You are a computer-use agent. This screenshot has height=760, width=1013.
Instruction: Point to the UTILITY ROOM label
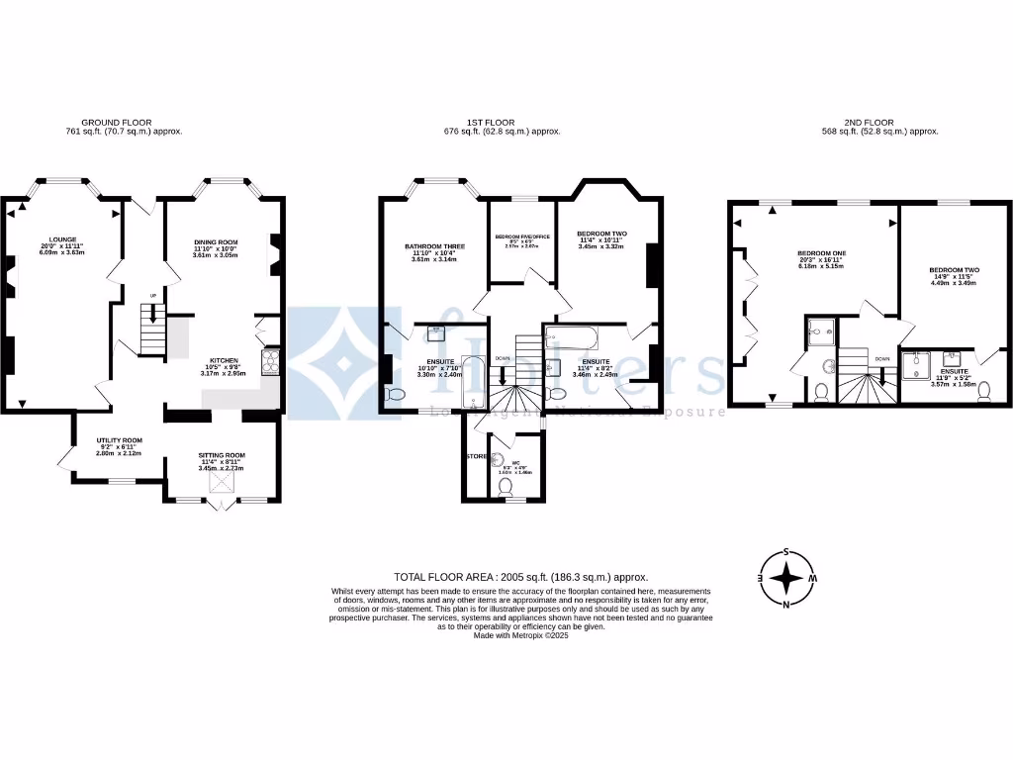pos(119,439)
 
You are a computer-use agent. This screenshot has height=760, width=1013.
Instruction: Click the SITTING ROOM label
pos(222,455)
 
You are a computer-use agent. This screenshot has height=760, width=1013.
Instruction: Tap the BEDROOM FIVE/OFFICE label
pos(522,237)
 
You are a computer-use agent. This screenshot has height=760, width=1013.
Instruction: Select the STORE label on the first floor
pos(476,456)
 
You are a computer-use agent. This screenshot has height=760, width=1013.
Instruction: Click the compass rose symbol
pos(785,578)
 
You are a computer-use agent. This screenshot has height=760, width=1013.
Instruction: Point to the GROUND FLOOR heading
pos(123,123)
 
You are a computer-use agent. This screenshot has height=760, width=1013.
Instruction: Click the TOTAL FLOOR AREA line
pos(520,577)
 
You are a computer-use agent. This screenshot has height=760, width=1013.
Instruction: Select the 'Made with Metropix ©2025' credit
pos(520,635)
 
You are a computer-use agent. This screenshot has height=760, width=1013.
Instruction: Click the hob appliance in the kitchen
pos(269,363)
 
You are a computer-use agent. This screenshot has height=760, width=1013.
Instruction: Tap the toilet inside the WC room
pos(505,485)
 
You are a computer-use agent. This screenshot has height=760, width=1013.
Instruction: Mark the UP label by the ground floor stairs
pos(153,295)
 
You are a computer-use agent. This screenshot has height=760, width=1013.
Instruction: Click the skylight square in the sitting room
pos(222,482)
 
